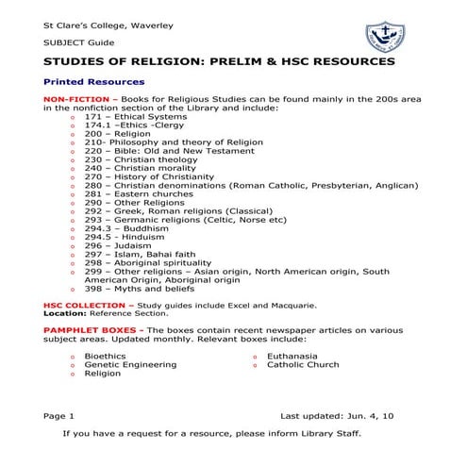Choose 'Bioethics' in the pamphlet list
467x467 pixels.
(105, 356)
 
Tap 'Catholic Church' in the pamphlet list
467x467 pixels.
(303, 364)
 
